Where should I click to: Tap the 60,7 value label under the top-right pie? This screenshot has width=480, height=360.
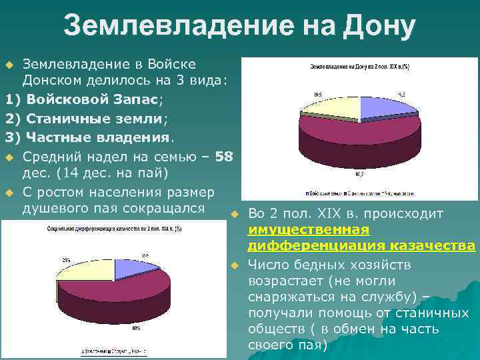(359, 174)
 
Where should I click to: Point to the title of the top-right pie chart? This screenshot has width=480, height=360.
(359, 67)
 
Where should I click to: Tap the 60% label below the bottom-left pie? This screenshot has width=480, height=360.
(136, 328)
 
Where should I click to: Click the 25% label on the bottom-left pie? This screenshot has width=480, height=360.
(67, 259)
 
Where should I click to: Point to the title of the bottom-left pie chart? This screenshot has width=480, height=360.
(94, 228)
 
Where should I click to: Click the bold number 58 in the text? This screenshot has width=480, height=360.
(225, 157)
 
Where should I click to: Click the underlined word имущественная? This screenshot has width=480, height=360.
(308, 230)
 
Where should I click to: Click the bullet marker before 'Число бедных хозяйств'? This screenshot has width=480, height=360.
(235, 265)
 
